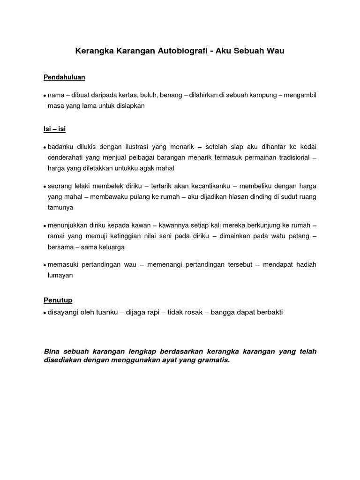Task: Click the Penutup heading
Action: [x=58, y=300]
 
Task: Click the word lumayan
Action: [x=60, y=275]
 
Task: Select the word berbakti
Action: [x=267, y=312]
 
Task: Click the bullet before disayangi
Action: [x=45, y=313]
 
